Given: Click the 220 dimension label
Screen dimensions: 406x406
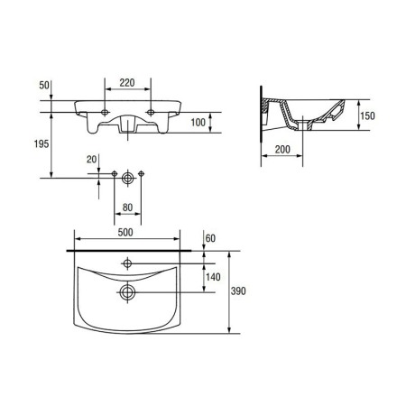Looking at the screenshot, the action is pos(127,83).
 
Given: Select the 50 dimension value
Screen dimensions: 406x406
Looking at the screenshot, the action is pos(44,86).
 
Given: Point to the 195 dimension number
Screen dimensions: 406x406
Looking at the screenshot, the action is pos(42,144).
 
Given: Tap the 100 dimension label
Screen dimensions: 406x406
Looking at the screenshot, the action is pos(198,123).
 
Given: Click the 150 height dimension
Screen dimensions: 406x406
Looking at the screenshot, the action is pos(367,115).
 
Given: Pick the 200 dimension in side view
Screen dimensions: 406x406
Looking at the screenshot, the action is pos(282,150).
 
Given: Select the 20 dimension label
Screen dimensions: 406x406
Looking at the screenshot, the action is pos(92,160).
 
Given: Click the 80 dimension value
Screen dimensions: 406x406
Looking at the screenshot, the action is pos(127,208).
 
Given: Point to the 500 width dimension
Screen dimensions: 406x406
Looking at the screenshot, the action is pos(125,233).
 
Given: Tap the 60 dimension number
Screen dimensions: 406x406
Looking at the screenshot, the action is pos(210,238).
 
